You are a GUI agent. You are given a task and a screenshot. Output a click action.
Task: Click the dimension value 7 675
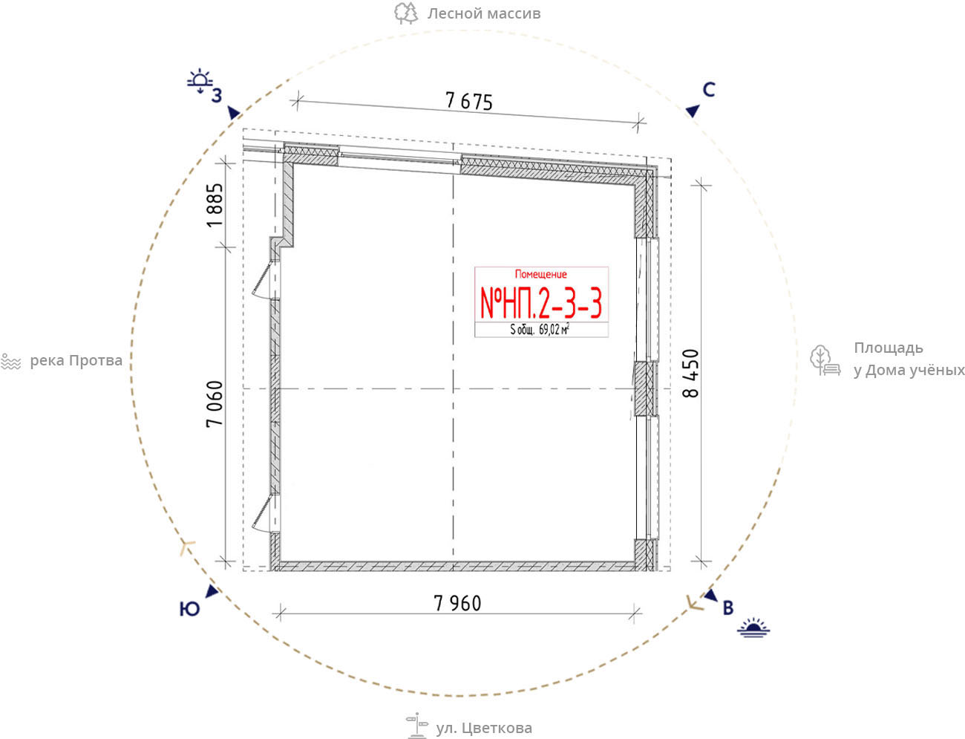468,101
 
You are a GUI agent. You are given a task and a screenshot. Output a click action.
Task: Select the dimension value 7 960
457,603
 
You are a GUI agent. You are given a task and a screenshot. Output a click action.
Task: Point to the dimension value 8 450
690,373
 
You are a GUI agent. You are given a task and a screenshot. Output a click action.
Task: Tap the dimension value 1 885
215,205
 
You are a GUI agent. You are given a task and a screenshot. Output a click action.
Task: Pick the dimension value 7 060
215,404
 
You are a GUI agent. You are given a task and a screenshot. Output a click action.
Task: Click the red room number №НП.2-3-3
541,302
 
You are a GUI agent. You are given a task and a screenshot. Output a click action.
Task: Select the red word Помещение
540,275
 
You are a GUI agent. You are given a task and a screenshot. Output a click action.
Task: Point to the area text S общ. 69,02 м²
540,329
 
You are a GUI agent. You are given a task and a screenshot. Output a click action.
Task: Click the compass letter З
217,96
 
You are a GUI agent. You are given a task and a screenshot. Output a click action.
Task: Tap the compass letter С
709,90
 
